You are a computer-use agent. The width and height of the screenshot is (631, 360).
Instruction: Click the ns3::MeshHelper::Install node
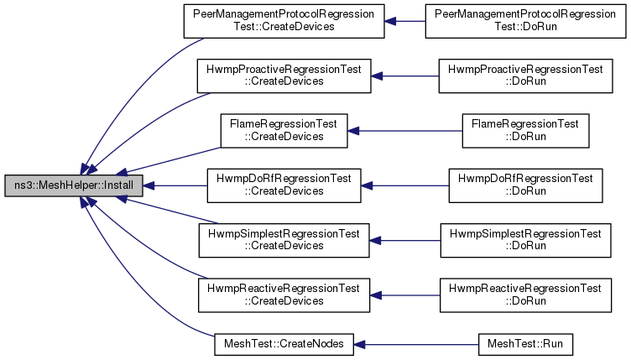tap(74, 185)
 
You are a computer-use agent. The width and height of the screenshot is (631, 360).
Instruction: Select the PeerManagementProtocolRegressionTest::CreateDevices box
tap(284, 21)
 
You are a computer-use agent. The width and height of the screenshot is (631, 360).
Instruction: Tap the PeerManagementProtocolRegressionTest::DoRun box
tap(525, 21)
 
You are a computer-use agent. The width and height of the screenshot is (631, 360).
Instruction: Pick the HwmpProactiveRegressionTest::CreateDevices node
tap(284, 76)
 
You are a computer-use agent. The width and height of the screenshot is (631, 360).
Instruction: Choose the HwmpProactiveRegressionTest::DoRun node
tap(525, 76)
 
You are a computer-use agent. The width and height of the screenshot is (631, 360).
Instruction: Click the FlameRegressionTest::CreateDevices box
tap(284, 131)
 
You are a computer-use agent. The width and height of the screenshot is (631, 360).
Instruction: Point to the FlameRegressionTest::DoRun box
tap(525, 131)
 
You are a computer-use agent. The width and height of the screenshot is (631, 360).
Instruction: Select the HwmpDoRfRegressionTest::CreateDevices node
tap(284, 185)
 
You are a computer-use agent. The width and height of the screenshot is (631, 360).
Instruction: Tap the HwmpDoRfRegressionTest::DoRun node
tap(525, 185)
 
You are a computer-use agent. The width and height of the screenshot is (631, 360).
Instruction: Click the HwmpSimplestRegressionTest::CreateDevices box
tap(284, 241)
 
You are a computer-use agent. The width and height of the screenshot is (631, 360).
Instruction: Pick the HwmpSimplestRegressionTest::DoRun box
tap(525, 241)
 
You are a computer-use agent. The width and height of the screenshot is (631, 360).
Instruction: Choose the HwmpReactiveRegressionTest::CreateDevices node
tap(284, 295)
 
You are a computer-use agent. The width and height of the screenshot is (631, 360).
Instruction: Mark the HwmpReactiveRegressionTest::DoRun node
tap(525, 295)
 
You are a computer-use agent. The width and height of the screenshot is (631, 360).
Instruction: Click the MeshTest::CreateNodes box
tap(284, 344)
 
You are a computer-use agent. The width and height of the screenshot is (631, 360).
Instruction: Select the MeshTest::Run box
tap(525, 344)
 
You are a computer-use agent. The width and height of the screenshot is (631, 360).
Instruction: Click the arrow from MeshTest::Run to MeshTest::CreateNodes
tap(416, 345)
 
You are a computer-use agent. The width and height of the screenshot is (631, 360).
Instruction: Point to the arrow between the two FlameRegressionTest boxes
tap(404, 131)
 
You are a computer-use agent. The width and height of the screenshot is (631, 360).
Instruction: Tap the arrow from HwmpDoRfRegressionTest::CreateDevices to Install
tap(175, 185)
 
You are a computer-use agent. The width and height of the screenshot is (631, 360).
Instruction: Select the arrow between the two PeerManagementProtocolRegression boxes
tap(404, 21)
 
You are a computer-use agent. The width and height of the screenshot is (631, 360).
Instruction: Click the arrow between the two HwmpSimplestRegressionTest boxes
tap(404, 241)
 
